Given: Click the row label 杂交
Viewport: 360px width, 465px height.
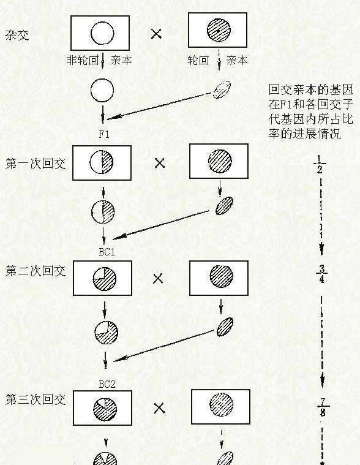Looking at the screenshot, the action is pyautogui.click(x=17, y=35).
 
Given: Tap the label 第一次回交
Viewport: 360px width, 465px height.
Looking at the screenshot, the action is pyautogui.click(x=36, y=164).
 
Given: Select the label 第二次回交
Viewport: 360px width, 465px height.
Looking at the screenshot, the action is pyautogui.click(x=36, y=271).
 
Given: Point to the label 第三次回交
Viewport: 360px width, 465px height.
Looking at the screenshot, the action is pyautogui.click(x=36, y=400).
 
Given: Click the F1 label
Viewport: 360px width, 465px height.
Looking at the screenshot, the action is pyautogui.click(x=104, y=134).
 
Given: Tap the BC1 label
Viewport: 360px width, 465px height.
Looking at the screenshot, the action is pyautogui.click(x=107, y=252).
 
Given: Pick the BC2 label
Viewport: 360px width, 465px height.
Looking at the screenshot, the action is pyautogui.click(x=107, y=384).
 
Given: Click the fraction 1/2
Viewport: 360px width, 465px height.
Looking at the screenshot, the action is pyautogui.click(x=320, y=164).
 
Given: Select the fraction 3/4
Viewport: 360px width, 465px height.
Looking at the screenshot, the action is pyautogui.click(x=322, y=274).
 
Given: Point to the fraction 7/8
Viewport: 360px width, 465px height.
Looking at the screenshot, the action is pyautogui.click(x=323, y=407).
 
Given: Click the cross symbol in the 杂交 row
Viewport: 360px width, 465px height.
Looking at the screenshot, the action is pyautogui.click(x=156, y=34).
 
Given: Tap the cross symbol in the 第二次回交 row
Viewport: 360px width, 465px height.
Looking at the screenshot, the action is pyautogui.click(x=158, y=279).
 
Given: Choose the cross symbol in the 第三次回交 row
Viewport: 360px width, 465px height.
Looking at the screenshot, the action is pyautogui.click(x=159, y=409).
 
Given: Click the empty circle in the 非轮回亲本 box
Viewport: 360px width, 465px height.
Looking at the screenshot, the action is pyautogui.click(x=102, y=33).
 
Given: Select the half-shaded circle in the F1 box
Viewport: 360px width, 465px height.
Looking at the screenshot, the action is pyautogui.click(x=102, y=162).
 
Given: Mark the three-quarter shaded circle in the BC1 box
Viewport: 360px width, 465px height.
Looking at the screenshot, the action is pyautogui.click(x=105, y=279).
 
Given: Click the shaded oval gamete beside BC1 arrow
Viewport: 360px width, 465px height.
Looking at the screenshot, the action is pyautogui.click(x=224, y=205).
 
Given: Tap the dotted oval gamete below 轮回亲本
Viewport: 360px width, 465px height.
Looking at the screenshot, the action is pyautogui.click(x=222, y=90).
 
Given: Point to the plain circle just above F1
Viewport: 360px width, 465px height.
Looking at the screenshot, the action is pyautogui.click(x=102, y=91).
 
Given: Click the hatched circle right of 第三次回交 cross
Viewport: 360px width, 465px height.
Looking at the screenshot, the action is pyautogui.click(x=221, y=405).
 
